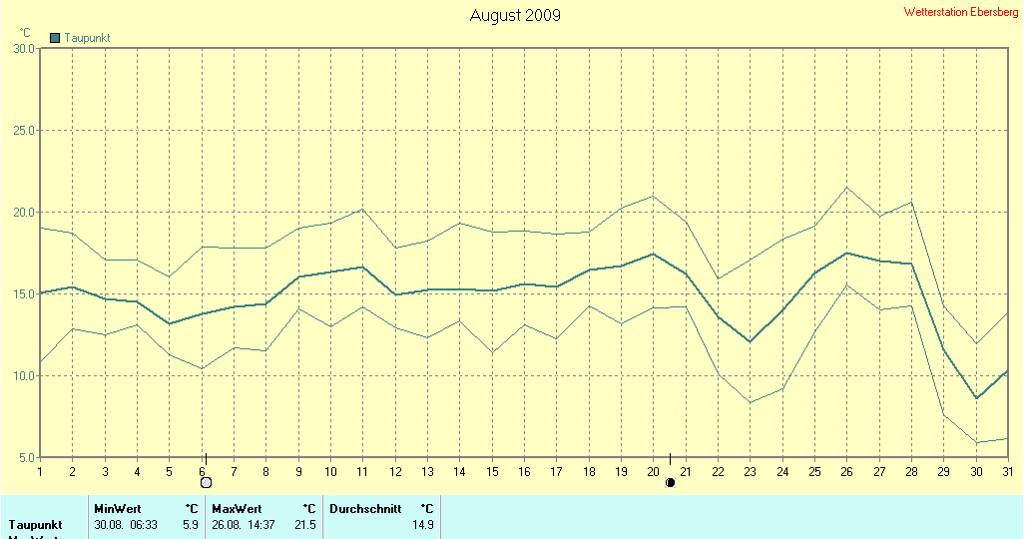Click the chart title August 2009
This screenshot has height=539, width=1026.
point(515,15)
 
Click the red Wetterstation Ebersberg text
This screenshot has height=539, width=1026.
point(961,12)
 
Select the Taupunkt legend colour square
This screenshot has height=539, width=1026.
point(55,38)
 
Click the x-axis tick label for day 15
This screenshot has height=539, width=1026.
point(492,471)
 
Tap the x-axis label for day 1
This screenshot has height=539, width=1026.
point(40,471)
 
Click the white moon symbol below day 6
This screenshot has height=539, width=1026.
point(206,483)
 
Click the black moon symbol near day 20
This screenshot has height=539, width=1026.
point(670,483)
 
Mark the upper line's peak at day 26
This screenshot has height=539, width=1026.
point(846,187)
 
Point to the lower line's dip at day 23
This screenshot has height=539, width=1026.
point(750,402)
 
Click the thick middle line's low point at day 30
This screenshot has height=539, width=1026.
point(976,398)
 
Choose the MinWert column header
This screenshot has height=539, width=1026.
point(118,509)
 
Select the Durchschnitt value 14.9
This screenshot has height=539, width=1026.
point(422,524)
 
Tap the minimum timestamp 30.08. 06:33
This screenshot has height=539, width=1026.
point(127,524)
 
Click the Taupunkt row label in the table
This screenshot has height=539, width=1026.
point(36,524)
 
